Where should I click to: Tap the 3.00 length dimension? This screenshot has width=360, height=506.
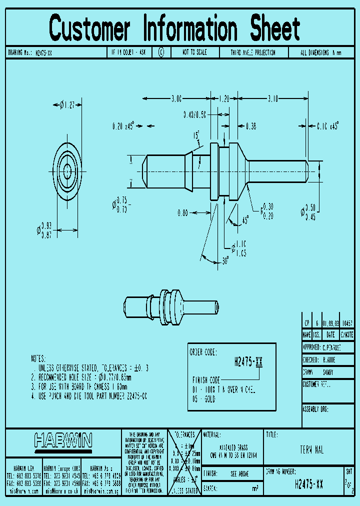tap(176, 99)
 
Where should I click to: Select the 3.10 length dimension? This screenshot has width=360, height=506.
tap(272, 99)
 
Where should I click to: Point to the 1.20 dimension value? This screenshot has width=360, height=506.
tap(223, 99)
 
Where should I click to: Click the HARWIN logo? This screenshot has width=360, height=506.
tap(63, 440)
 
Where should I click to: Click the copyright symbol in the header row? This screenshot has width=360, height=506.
tap(161, 52)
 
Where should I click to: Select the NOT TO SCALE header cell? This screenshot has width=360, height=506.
tap(194, 52)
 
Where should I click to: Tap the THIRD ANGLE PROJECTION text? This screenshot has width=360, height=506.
tap(252, 52)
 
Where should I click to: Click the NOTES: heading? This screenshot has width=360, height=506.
tap(38, 358)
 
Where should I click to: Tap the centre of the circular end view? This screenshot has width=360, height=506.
tap(67, 170)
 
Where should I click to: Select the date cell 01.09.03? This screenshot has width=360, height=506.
tap(330, 323)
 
